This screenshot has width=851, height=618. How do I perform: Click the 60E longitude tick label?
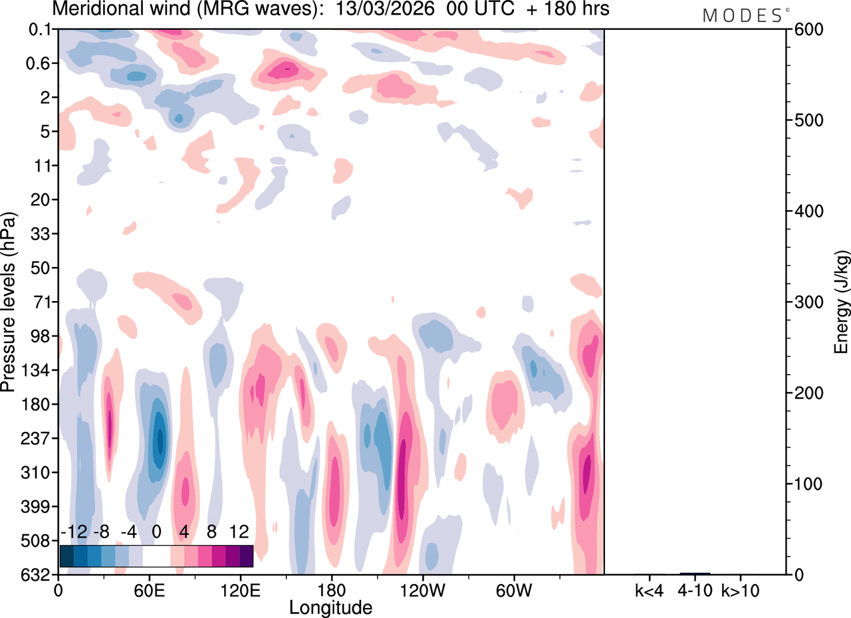150,589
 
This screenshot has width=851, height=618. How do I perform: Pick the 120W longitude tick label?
422,589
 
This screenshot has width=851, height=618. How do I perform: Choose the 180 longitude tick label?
331,589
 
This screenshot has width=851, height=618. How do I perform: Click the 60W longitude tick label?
513,589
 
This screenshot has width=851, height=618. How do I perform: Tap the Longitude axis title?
330,607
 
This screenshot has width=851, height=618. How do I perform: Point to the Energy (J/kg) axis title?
842,302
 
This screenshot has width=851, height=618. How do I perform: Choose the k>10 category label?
741,589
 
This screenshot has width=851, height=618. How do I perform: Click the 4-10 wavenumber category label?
695,589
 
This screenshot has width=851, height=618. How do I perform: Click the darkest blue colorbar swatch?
66,556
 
